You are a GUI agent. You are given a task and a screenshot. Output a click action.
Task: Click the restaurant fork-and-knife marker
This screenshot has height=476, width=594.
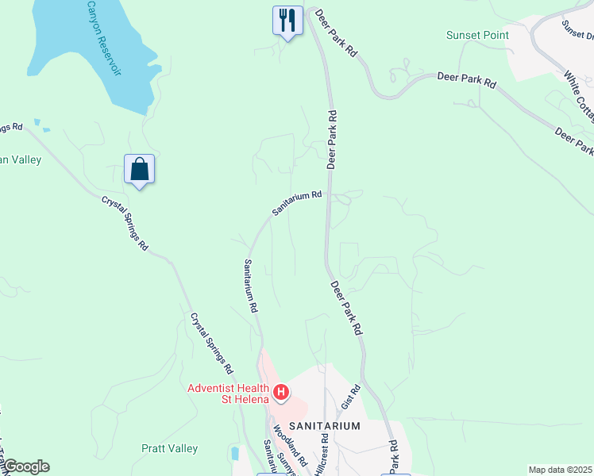coord(287,19)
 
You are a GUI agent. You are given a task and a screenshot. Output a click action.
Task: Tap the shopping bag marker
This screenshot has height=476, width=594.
coord(140,169)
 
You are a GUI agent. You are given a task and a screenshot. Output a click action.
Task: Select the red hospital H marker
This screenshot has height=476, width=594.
coord(280,392)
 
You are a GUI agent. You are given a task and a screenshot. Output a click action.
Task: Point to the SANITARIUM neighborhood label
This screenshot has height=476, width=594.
coord(324,426)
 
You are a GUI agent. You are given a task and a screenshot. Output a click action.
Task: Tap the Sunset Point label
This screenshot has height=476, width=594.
coord(477,36)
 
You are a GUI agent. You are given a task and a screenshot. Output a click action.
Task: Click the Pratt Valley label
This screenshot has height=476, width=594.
coord(169,448)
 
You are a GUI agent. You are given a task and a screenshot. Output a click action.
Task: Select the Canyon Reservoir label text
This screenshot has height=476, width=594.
coord(106,36)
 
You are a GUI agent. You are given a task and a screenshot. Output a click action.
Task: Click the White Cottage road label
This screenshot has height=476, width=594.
coord(579,96)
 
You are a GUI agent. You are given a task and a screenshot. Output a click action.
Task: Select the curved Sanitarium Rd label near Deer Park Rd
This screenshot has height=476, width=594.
coord(297,203)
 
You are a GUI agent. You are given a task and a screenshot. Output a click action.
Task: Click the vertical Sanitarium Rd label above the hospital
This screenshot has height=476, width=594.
coord(251,285)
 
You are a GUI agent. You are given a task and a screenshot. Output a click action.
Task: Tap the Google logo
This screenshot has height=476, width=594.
coord(25,466)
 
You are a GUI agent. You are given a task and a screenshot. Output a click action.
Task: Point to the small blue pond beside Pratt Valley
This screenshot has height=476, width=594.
coord(235,455)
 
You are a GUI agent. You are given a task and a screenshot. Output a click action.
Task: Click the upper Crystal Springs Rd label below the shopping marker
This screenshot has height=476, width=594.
coord(125,224)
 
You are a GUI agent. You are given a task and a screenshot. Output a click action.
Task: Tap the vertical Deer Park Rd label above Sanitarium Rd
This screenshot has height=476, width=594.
coord(333,139)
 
